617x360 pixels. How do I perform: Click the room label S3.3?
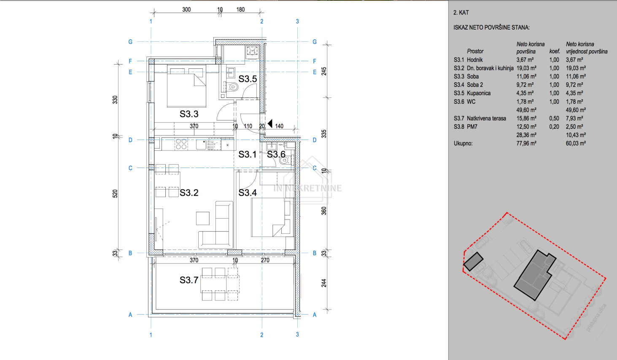tap(189, 114)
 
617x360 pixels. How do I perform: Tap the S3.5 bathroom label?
tap(248, 79)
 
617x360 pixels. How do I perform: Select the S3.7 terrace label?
tap(189, 280)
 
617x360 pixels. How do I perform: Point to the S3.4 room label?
tap(248, 193)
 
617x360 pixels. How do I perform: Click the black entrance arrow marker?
tap(270, 124)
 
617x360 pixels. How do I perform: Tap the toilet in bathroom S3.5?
tap(233, 87)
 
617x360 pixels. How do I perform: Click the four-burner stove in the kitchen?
tap(181, 144)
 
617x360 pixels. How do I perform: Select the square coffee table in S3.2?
tap(202, 218)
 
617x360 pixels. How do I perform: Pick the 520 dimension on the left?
tap(115, 194)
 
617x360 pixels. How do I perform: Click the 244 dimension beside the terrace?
tap(324, 283)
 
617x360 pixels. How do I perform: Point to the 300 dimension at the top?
tap(186, 10)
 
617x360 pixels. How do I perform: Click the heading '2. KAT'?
tap(461, 13)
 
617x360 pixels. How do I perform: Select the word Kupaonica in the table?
tap(479, 93)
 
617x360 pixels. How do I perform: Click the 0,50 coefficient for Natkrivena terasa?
tap(554, 118)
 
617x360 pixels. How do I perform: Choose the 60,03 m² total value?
tap(576, 143)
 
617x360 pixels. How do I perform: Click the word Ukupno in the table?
tap(463, 143)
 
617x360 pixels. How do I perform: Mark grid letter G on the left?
tap(130, 42)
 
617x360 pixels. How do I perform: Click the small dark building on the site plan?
tap(473, 261)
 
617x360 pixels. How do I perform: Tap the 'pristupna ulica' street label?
tap(597, 317)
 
